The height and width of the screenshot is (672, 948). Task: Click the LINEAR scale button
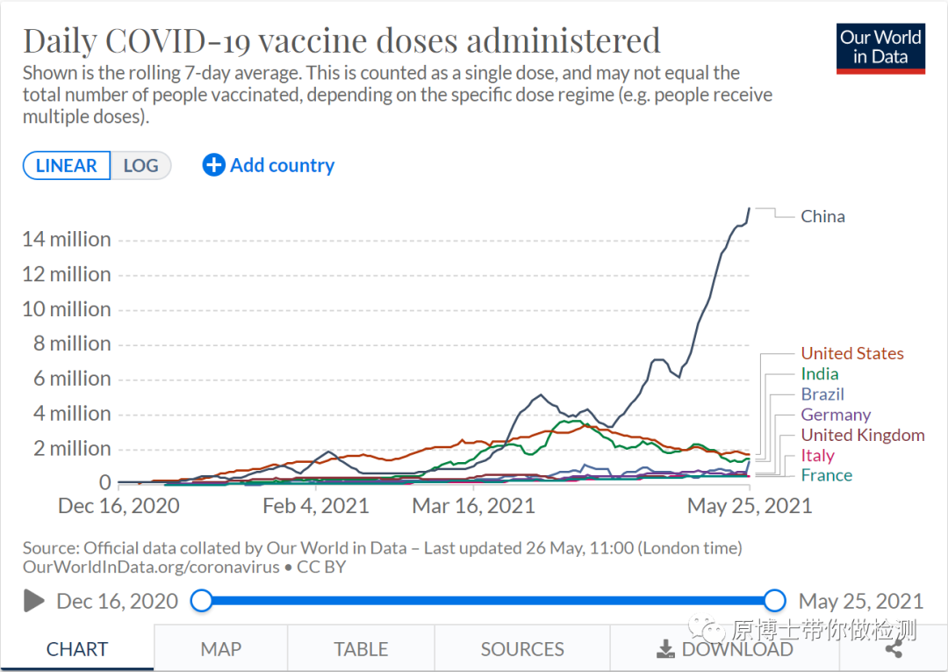(x=67, y=166)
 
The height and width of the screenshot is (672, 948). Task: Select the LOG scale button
(x=140, y=166)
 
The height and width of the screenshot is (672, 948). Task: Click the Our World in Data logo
(x=880, y=47)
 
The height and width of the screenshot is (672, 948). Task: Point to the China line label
(x=822, y=216)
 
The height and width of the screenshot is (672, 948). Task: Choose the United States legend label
(x=851, y=353)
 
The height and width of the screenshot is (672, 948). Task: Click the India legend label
(x=819, y=374)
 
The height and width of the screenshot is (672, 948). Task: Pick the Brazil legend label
(x=822, y=394)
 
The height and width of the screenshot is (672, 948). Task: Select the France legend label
(x=826, y=475)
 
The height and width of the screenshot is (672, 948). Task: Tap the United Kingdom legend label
(x=862, y=435)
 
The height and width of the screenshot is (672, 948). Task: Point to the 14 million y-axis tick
(x=67, y=239)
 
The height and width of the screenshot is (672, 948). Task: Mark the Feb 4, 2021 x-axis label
(x=316, y=506)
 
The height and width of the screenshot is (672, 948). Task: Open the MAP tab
(x=220, y=649)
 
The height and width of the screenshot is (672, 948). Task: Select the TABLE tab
(x=361, y=649)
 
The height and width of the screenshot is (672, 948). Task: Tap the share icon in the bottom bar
(x=894, y=649)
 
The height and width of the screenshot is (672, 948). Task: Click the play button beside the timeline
(x=34, y=601)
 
